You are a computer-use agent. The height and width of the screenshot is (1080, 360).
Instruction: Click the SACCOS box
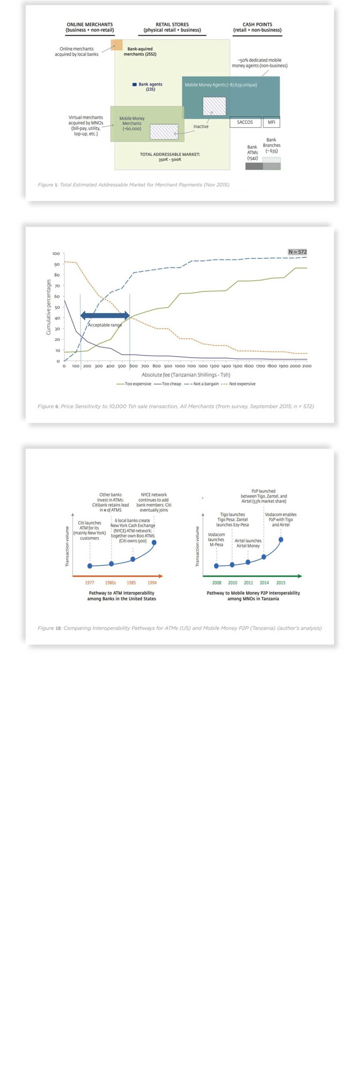245,122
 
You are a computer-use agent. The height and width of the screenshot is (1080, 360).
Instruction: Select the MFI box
271,122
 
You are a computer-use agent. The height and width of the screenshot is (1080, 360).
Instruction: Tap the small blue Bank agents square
134,84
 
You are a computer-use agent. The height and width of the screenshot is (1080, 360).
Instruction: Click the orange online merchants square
116,45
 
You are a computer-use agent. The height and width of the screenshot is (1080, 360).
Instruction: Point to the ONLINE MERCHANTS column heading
90,27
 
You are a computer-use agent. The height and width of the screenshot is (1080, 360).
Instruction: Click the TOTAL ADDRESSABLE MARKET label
170,157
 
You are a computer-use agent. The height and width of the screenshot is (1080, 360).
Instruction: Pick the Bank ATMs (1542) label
252,153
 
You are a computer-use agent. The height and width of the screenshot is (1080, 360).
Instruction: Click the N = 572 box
298,252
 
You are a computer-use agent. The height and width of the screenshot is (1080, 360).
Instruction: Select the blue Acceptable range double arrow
105,316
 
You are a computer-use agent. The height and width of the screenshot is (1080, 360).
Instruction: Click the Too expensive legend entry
134,384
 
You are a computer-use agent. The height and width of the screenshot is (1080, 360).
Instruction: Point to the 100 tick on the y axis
56,254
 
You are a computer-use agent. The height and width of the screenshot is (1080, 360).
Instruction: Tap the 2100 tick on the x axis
306,366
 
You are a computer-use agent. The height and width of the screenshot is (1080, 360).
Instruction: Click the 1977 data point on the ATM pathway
90,566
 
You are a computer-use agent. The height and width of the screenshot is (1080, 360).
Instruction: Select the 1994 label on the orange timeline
152,583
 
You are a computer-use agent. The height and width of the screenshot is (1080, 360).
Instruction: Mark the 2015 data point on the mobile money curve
281,540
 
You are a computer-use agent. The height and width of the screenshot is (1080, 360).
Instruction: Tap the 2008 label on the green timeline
217,583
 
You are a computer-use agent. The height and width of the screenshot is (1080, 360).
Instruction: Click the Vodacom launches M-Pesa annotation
216,540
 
